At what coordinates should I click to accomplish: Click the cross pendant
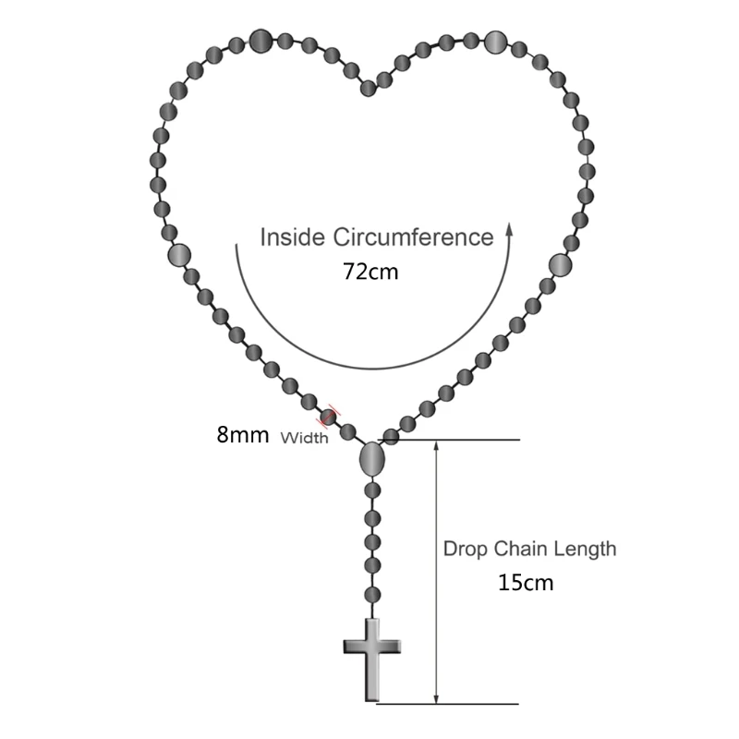click(372, 659)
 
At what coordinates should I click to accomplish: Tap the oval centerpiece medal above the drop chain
click(371, 458)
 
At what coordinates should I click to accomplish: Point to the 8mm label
click(242, 434)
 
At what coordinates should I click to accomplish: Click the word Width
click(304, 439)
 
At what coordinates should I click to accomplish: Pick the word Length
click(586, 549)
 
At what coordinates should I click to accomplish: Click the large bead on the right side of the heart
click(560, 265)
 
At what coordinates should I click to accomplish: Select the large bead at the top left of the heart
click(260, 40)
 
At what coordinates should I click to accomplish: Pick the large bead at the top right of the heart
click(496, 42)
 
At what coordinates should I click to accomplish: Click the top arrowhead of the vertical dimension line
click(435, 444)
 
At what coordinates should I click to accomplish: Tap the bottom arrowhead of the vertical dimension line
click(435, 699)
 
